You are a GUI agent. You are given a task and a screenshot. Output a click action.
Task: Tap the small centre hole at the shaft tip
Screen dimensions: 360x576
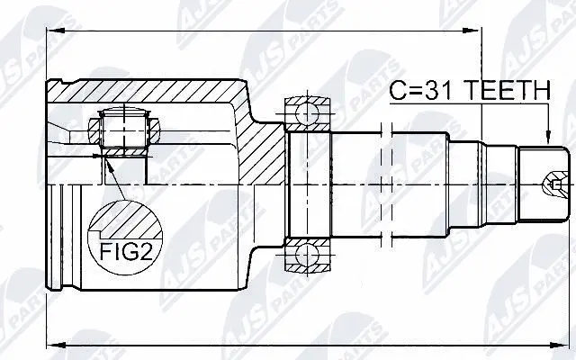(x=544, y=186)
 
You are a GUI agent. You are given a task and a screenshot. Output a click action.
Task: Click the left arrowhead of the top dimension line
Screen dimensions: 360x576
(x=51, y=32)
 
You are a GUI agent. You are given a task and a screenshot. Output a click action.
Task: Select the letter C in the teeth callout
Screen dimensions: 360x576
(x=399, y=90)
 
